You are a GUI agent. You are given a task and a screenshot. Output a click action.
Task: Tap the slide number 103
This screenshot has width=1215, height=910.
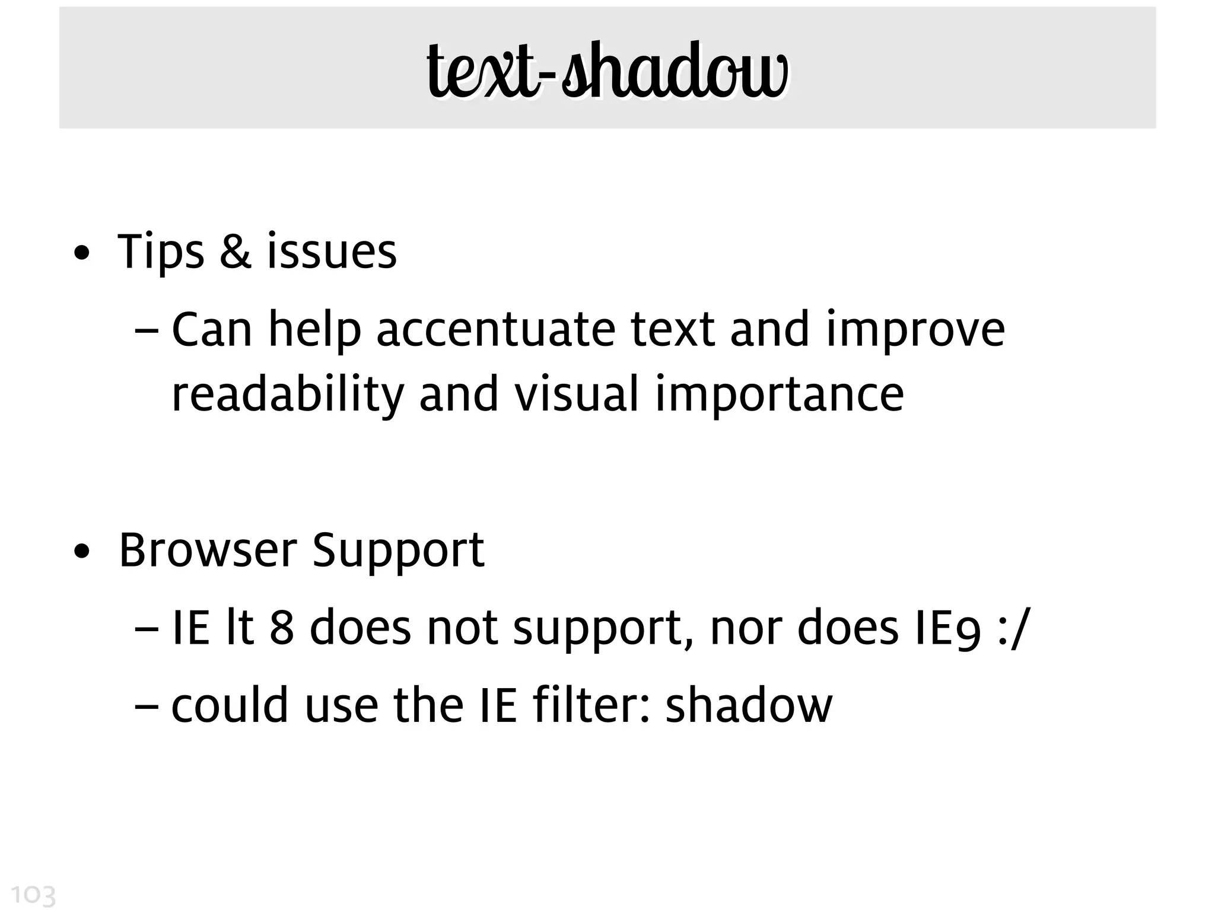(33, 895)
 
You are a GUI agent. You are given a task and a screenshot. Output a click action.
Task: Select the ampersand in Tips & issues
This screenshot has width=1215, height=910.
(236, 252)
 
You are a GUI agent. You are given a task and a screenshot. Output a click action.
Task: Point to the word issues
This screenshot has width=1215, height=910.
(332, 252)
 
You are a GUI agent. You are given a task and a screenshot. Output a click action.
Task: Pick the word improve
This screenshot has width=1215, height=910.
(915, 330)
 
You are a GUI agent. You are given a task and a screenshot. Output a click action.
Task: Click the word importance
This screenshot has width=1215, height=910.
(779, 394)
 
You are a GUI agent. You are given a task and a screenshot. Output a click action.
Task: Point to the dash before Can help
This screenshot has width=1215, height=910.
(147, 330)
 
